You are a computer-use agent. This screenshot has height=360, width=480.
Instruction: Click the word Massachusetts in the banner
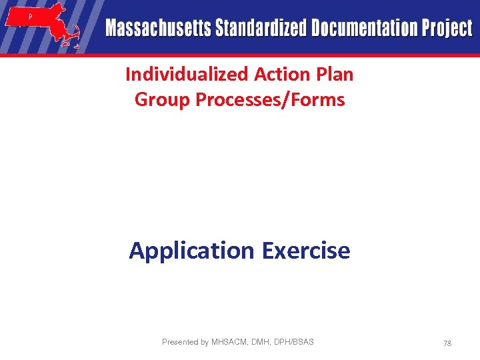(157, 29)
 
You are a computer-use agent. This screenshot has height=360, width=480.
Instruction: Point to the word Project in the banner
(445, 29)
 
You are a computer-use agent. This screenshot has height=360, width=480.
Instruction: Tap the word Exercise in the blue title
(306, 251)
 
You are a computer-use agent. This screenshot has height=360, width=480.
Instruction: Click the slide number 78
(447, 343)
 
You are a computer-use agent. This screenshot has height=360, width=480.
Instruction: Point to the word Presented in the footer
(181, 342)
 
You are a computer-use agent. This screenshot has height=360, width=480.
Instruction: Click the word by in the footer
(205, 342)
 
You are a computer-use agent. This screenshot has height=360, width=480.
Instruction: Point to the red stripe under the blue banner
(240, 55)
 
